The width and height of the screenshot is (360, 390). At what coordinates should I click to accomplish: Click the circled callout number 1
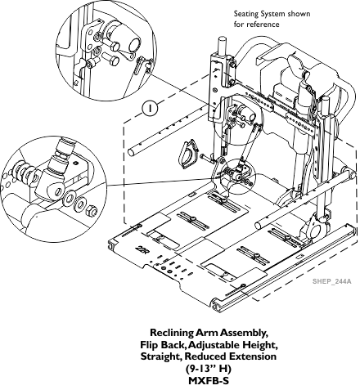pos(150,108)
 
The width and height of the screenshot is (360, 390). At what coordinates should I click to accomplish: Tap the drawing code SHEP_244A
pos(332,281)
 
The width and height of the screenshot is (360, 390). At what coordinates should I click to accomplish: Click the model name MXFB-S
pos(209,380)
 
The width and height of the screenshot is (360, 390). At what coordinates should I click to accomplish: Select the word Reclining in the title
pos(172,333)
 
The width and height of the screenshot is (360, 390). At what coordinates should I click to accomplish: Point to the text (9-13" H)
pos(209,369)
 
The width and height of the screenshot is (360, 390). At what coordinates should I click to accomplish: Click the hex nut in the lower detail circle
pos(92,209)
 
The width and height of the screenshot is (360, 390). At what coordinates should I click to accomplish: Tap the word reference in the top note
pos(263,25)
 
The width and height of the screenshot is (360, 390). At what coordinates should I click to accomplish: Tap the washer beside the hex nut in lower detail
pos(81,204)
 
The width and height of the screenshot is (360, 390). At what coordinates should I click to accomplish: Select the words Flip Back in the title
pos(163,345)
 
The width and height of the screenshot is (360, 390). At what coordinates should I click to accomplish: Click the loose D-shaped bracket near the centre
pos(189,153)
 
